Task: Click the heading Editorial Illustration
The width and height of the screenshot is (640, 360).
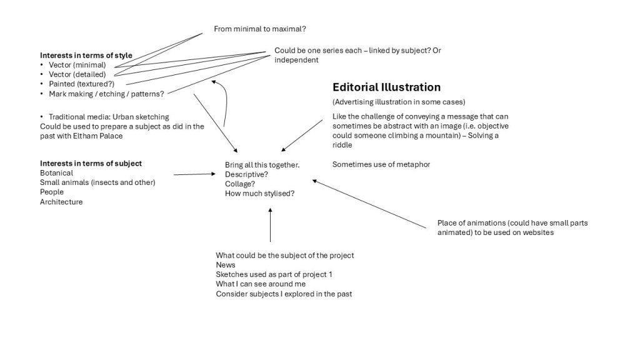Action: (x=386, y=87)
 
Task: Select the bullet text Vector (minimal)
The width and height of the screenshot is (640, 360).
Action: (x=77, y=65)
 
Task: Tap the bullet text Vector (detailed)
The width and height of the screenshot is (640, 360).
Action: (x=77, y=74)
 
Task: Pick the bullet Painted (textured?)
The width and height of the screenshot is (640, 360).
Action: (x=81, y=84)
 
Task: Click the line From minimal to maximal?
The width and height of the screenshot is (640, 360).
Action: (x=259, y=29)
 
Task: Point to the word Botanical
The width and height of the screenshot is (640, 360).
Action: (x=56, y=173)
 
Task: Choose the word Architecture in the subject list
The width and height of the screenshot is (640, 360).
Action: (x=61, y=202)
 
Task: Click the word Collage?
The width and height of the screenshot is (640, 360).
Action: (x=240, y=184)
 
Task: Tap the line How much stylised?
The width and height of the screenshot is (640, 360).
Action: (x=259, y=194)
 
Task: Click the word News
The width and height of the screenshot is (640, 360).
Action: (x=226, y=265)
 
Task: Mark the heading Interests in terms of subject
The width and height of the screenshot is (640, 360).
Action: (x=91, y=164)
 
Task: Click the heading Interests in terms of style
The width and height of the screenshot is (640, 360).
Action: (x=86, y=56)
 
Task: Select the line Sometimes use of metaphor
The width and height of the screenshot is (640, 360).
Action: (x=381, y=164)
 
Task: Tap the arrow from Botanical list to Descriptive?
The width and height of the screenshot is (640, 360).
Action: (x=194, y=174)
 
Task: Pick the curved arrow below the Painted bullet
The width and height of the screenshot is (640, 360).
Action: (x=224, y=103)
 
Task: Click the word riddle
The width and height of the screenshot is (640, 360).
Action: (x=343, y=145)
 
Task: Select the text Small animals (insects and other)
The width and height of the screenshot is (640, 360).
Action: (x=97, y=182)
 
